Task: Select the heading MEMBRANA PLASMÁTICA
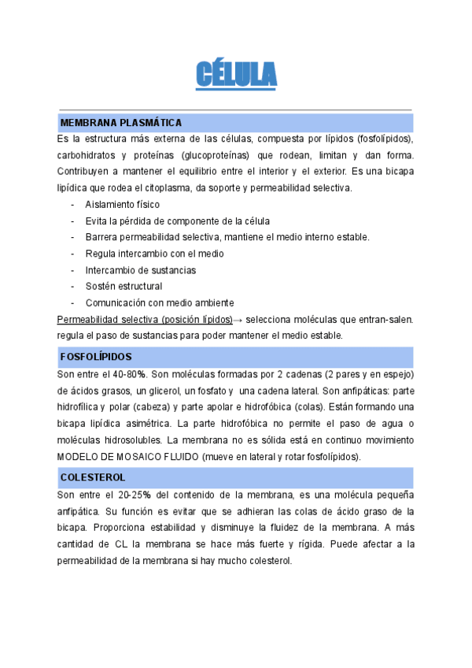coord(121,123)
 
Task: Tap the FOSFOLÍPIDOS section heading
coord(96,356)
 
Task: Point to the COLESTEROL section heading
coord(93,477)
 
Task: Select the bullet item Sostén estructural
coord(124,286)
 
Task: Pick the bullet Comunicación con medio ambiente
coord(160,302)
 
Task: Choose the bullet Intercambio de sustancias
coord(141,270)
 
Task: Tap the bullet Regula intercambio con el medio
coord(154,254)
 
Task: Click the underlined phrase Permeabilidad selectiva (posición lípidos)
coord(145,319)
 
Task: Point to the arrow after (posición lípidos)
coord(239,319)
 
